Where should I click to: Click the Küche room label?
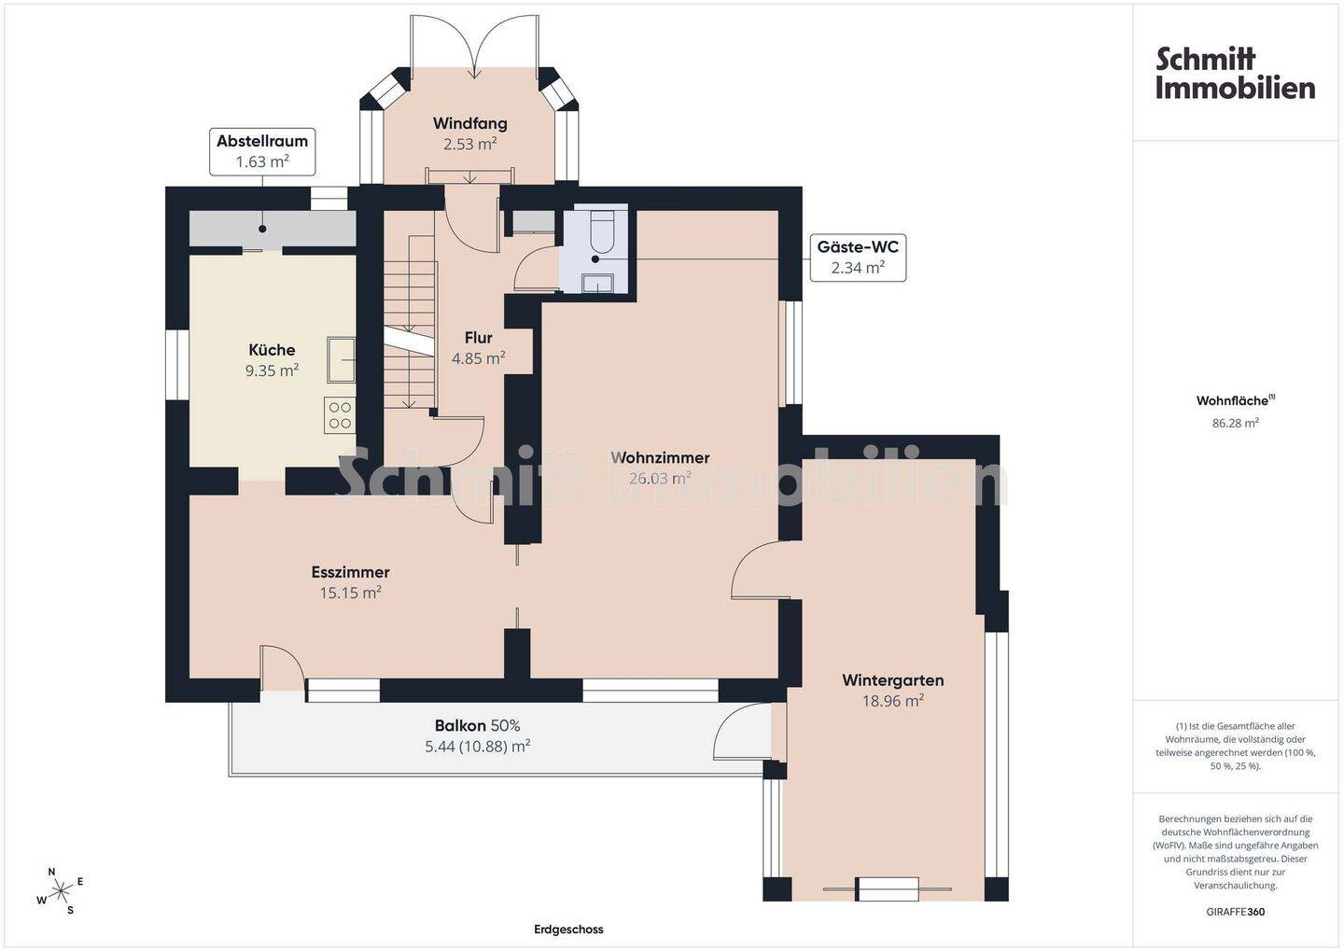click(272, 350)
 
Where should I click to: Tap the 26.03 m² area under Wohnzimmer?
click(659, 478)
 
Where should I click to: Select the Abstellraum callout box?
click(262, 152)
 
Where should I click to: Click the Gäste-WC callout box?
click(858, 258)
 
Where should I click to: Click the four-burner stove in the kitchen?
click(340, 415)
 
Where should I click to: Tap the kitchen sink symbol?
click(341, 360)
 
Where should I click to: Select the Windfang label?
click(469, 123)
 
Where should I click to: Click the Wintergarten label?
click(893, 680)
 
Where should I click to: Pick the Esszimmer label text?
click(350, 572)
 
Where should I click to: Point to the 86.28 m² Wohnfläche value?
click(1236, 423)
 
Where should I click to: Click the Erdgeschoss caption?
click(568, 930)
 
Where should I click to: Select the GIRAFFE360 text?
click(1236, 912)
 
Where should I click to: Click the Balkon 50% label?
click(477, 726)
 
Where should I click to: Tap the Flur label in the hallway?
click(478, 338)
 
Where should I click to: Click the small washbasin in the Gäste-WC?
click(597, 283)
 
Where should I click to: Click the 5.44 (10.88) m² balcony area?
click(477, 747)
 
